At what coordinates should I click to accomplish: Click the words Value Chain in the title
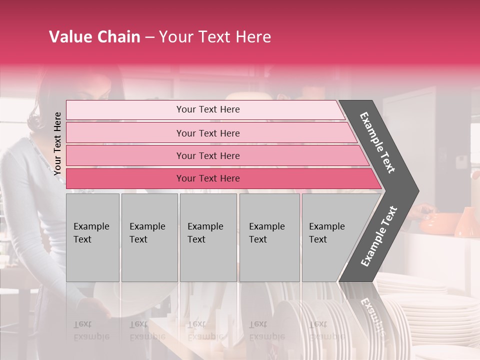94,37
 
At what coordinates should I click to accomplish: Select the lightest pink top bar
205,110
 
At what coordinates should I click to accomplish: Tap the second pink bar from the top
210,133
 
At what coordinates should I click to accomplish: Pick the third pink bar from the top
215,155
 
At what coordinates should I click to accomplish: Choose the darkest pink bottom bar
220,178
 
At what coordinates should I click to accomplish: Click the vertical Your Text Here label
58,143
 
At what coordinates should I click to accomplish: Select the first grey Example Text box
92,237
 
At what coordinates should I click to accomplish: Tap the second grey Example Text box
149,237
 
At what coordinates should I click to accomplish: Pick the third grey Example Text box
208,237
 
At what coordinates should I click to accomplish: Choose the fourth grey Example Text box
269,237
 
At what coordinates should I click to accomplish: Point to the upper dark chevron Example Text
378,142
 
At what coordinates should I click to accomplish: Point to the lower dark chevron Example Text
379,236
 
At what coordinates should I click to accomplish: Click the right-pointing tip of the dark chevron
416,190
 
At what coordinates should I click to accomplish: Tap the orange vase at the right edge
465,222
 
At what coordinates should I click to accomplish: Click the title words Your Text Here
215,37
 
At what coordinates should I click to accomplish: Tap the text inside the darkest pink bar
208,178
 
